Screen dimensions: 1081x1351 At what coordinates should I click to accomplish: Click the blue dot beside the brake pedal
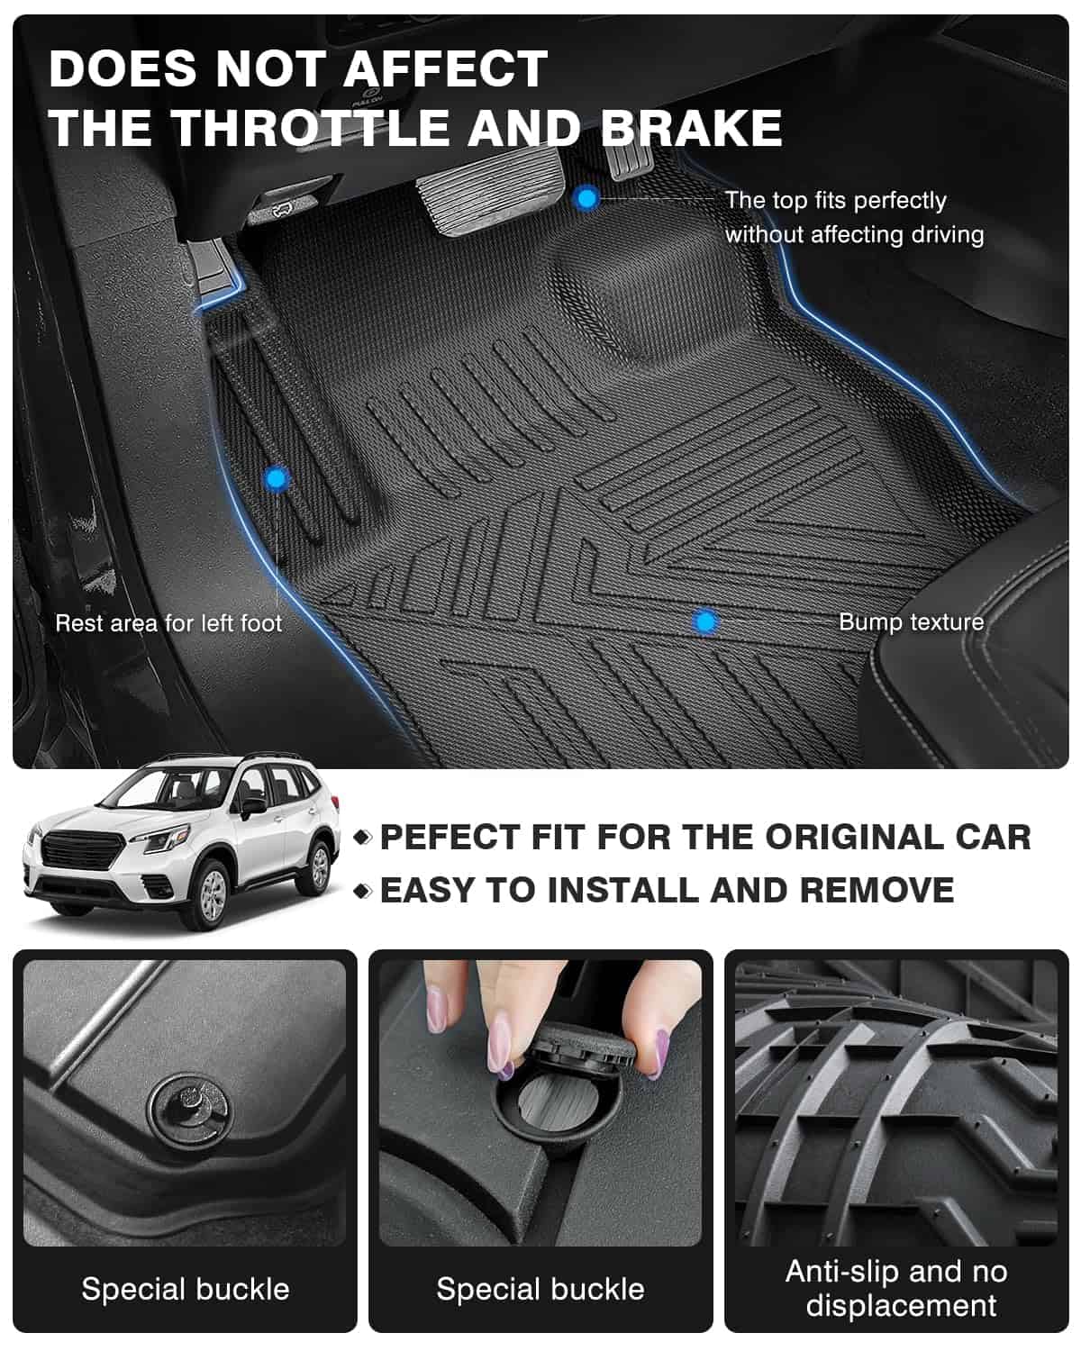[586, 199]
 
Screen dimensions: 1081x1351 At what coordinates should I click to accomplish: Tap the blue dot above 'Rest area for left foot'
[277, 479]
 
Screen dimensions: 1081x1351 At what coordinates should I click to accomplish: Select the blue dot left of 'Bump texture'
[704, 621]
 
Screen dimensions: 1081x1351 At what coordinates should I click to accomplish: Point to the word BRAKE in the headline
[692, 128]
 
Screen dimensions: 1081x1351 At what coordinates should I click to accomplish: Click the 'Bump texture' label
[912, 622]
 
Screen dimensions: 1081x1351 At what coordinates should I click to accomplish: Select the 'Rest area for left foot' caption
[169, 623]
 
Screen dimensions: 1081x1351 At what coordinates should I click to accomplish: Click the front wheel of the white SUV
[211, 894]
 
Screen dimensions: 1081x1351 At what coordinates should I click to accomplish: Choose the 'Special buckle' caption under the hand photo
[540, 1290]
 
